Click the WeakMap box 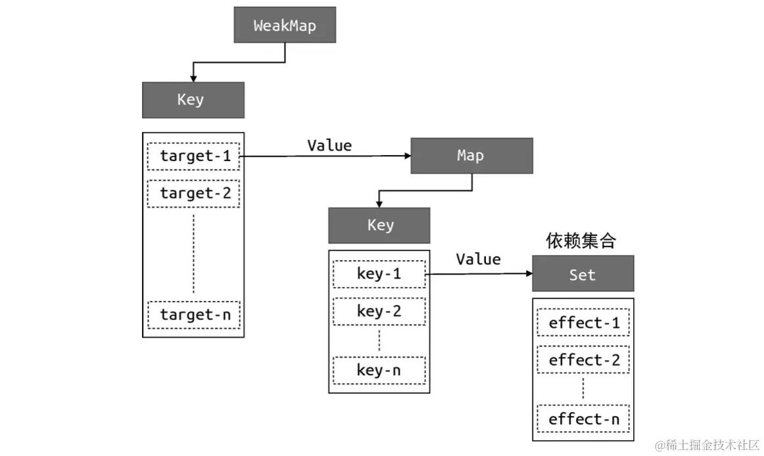tap(285, 26)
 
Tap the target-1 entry tap(193, 156)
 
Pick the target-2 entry tap(193, 193)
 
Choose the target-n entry tap(194, 315)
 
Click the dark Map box tap(471, 156)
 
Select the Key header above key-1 tap(379, 225)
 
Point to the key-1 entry tap(379, 274)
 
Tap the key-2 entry tap(379, 311)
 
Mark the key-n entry tap(379, 371)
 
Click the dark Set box tap(583, 274)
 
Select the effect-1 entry tap(583, 323)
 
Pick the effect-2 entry tap(583, 360)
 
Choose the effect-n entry tap(583, 419)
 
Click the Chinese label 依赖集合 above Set tap(581, 241)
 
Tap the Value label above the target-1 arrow tap(329, 145)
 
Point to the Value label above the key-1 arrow tap(478, 259)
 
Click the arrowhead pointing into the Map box tap(406, 156)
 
